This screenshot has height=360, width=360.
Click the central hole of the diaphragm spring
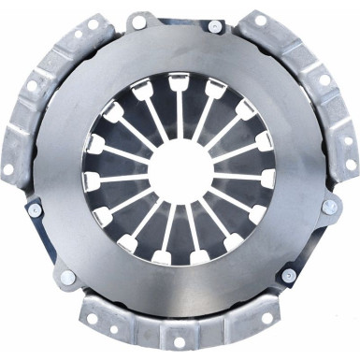[x=180, y=171]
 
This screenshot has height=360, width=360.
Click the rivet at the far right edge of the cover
[x=330, y=206]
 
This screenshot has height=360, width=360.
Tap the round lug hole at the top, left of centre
[x=138, y=21]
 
